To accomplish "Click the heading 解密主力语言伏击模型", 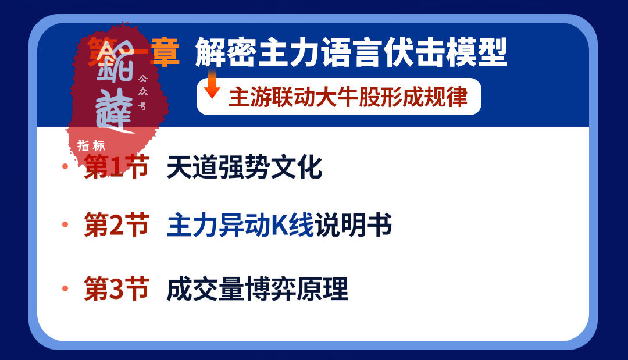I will click(x=351, y=53).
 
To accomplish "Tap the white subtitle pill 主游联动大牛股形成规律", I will click(x=338, y=97).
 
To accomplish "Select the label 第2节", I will click(x=116, y=226).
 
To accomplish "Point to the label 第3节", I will click(x=116, y=290).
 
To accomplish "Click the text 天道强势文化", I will click(x=244, y=168).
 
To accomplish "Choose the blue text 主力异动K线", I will click(x=240, y=226).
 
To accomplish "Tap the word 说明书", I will click(x=353, y=226).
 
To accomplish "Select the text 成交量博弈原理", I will click(x=257, y=290).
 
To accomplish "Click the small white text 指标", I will click(x=91, y=145).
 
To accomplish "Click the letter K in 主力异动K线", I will click(x=281, y=226).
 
